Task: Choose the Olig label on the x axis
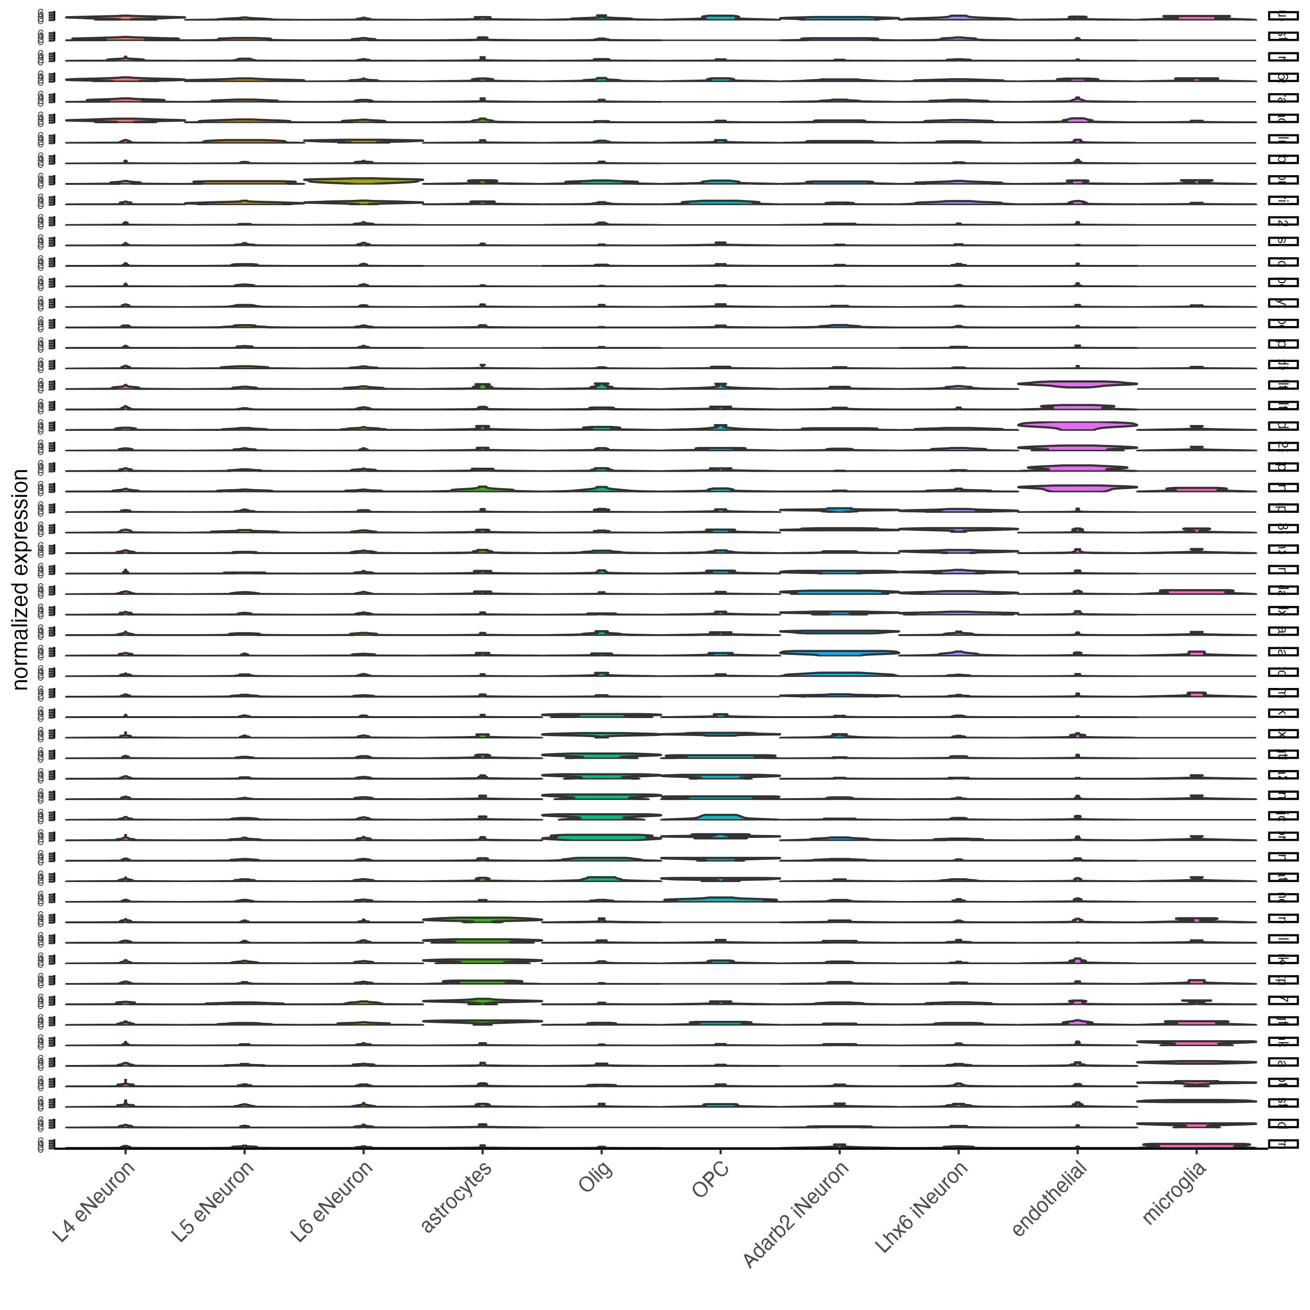595,1177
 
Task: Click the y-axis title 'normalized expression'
20,580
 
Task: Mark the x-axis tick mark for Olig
602,1152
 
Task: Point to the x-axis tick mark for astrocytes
482,1152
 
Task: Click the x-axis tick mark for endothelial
1078,1152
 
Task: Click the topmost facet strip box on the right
1282,17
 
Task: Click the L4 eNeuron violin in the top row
126,17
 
